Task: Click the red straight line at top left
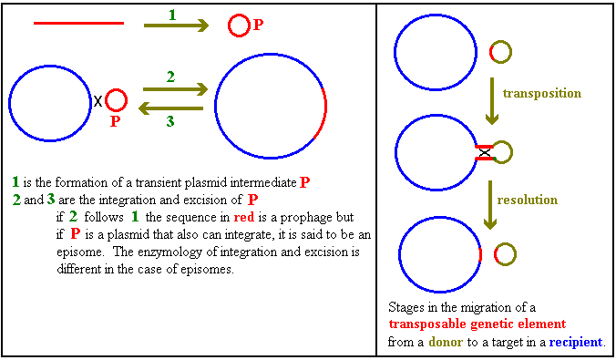[x=78, y=23]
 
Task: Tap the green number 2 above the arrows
[x=170, y=77]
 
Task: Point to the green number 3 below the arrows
[x=170, y=119]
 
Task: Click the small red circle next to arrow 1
[x=238, y=26]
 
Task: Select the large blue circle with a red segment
[x=270, y=106]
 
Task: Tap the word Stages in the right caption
[x=407, y=308]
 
